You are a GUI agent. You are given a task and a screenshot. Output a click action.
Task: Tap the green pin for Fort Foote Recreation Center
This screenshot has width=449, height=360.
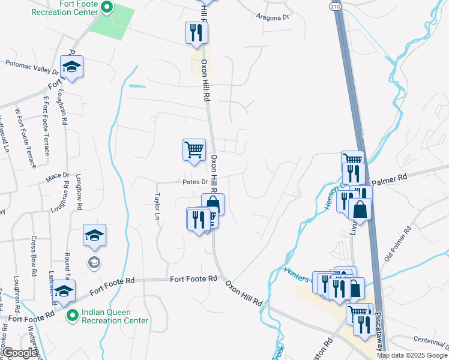(107, 8)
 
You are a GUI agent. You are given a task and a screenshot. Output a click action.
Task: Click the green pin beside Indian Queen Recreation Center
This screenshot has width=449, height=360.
(73, 315)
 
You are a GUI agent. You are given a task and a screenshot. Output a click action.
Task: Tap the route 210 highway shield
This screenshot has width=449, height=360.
(335, 5)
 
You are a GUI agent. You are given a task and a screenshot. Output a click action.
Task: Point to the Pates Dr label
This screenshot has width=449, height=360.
(195, 182)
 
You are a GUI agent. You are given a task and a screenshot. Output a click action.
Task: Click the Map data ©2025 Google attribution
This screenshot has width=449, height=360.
(412, 355)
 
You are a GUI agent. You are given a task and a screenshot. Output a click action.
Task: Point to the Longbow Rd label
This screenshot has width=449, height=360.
(79, 192)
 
